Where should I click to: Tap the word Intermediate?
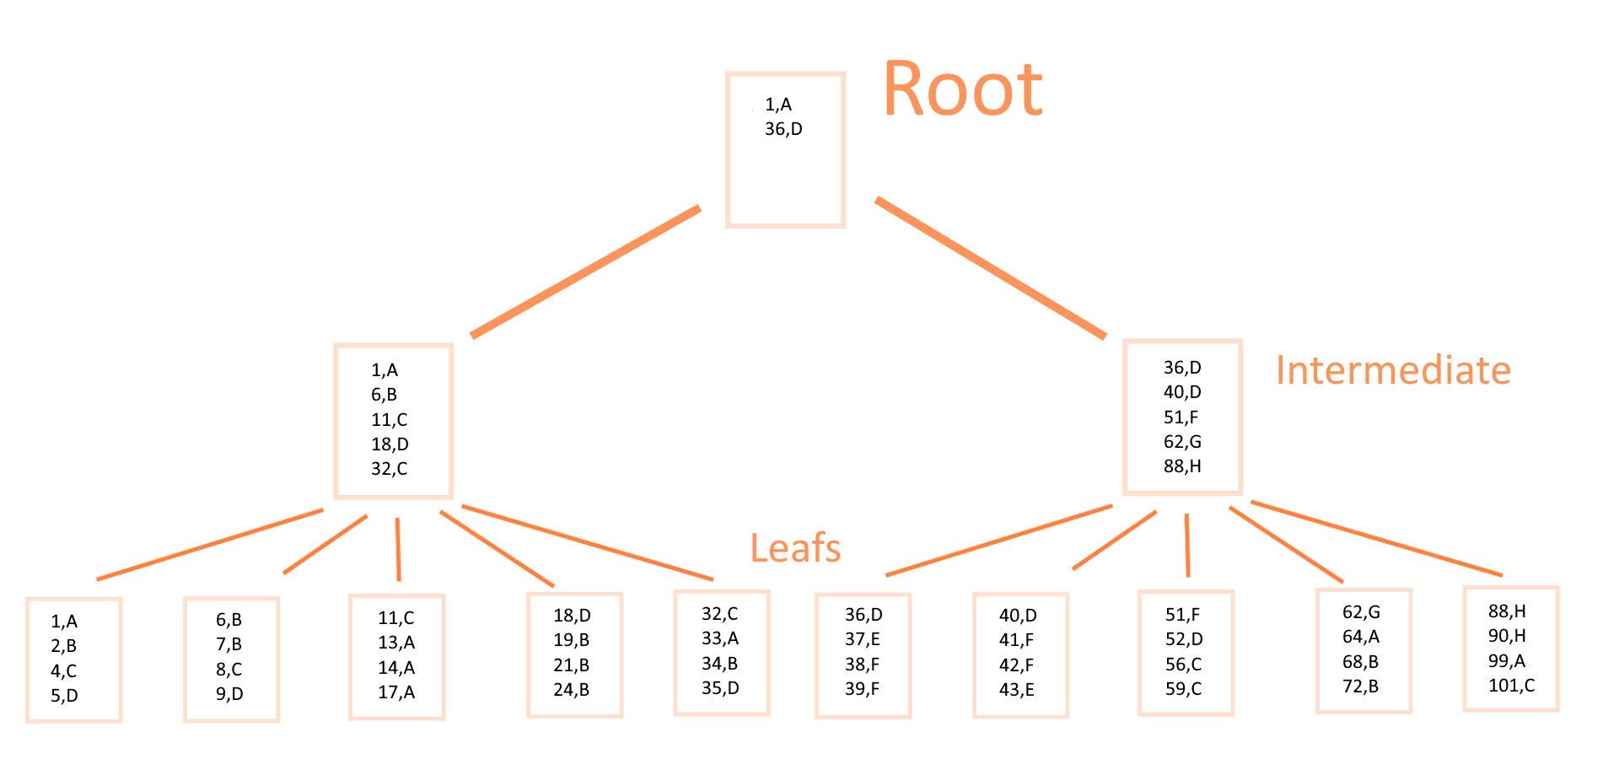pyautogui.click(x=1393, y=370)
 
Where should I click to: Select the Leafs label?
pyautogui.click(x=795, y=548)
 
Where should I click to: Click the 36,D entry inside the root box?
pyautogui.click(x=783, y=129)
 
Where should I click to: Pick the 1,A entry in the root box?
pyautogui.click(x=778, y=105)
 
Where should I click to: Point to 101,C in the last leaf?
pyautogui.click(x=1511, y=686)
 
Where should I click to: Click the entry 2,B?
pyautogui.click(x=63, y=646)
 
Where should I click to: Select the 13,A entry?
pyautogui.click(x=396, y=643)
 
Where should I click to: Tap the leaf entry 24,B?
pyautogui.click(x=571, y=690)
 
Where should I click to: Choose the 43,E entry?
pyautogui.click(x=1016, y=690)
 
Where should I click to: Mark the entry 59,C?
pyautogui.click(x=1183, y=689)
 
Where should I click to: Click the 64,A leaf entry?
pyautogui.click(x=1361, y=637)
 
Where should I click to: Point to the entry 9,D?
pyautogui.click(x=229, y=694)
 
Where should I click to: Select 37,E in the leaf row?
pyautogui.click(x=862, y=640)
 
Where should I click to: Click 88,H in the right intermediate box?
pyautogui.click(x=1182, y=466)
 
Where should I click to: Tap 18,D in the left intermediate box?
pyautogui.click(x=390, y=444)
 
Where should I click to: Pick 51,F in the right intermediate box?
pyautogui.click(x=1181, y=417)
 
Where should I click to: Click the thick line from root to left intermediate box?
pyautogui.click(x=586, y=272)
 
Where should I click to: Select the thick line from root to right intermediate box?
pyautogui.click(x=991, y=268)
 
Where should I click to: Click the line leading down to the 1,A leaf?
pyautogui.click(x=210, y=544)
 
